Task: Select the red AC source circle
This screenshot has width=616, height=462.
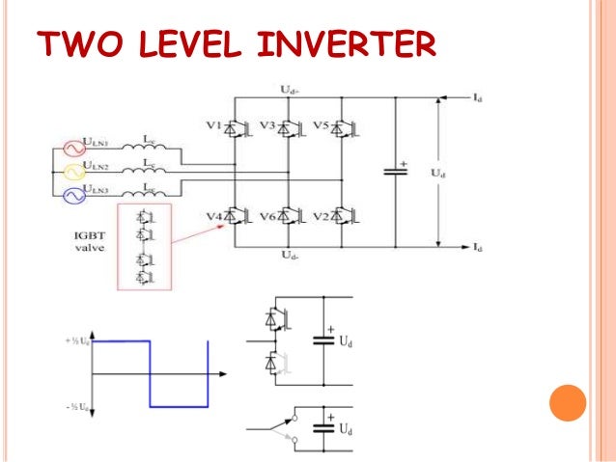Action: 73,149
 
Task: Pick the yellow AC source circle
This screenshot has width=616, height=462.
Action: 73,172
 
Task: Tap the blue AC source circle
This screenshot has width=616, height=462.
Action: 73,196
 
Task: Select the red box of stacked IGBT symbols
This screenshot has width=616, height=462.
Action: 143,246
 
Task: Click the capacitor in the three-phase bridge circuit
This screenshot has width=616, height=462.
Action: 393,171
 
